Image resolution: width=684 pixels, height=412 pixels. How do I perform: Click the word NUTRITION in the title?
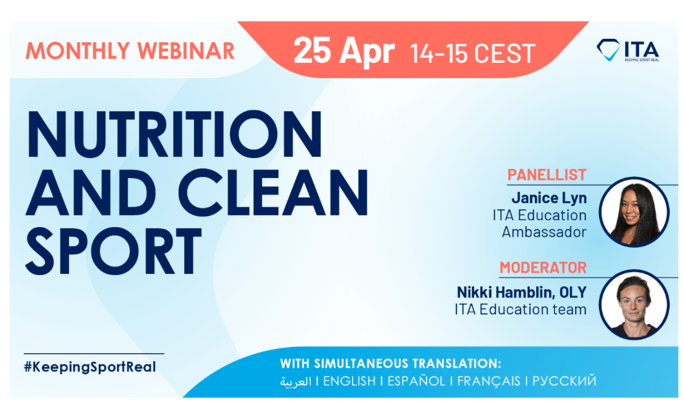(174, 134)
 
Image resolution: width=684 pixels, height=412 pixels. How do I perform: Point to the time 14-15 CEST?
(473, 53)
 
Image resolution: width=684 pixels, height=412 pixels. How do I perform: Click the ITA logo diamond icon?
(608, 50)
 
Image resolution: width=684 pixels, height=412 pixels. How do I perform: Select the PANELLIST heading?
(546, 175)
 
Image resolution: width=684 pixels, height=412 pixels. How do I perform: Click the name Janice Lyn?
(549, 198)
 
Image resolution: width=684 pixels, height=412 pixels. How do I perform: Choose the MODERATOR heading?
(543, 267)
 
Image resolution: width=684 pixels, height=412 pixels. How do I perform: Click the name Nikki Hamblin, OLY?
(521, 292)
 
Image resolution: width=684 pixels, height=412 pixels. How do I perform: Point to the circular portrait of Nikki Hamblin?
(634, 304)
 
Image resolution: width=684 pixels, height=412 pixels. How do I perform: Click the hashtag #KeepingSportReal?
(90, 367)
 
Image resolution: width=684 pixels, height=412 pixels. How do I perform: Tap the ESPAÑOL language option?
(416, 381)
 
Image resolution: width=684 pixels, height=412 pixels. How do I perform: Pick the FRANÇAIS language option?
(489, 381)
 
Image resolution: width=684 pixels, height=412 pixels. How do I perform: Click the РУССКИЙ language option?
(564, 381)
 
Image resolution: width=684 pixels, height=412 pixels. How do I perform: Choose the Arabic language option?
(296, 382)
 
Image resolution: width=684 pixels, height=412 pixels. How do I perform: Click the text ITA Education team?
(520, 309)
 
